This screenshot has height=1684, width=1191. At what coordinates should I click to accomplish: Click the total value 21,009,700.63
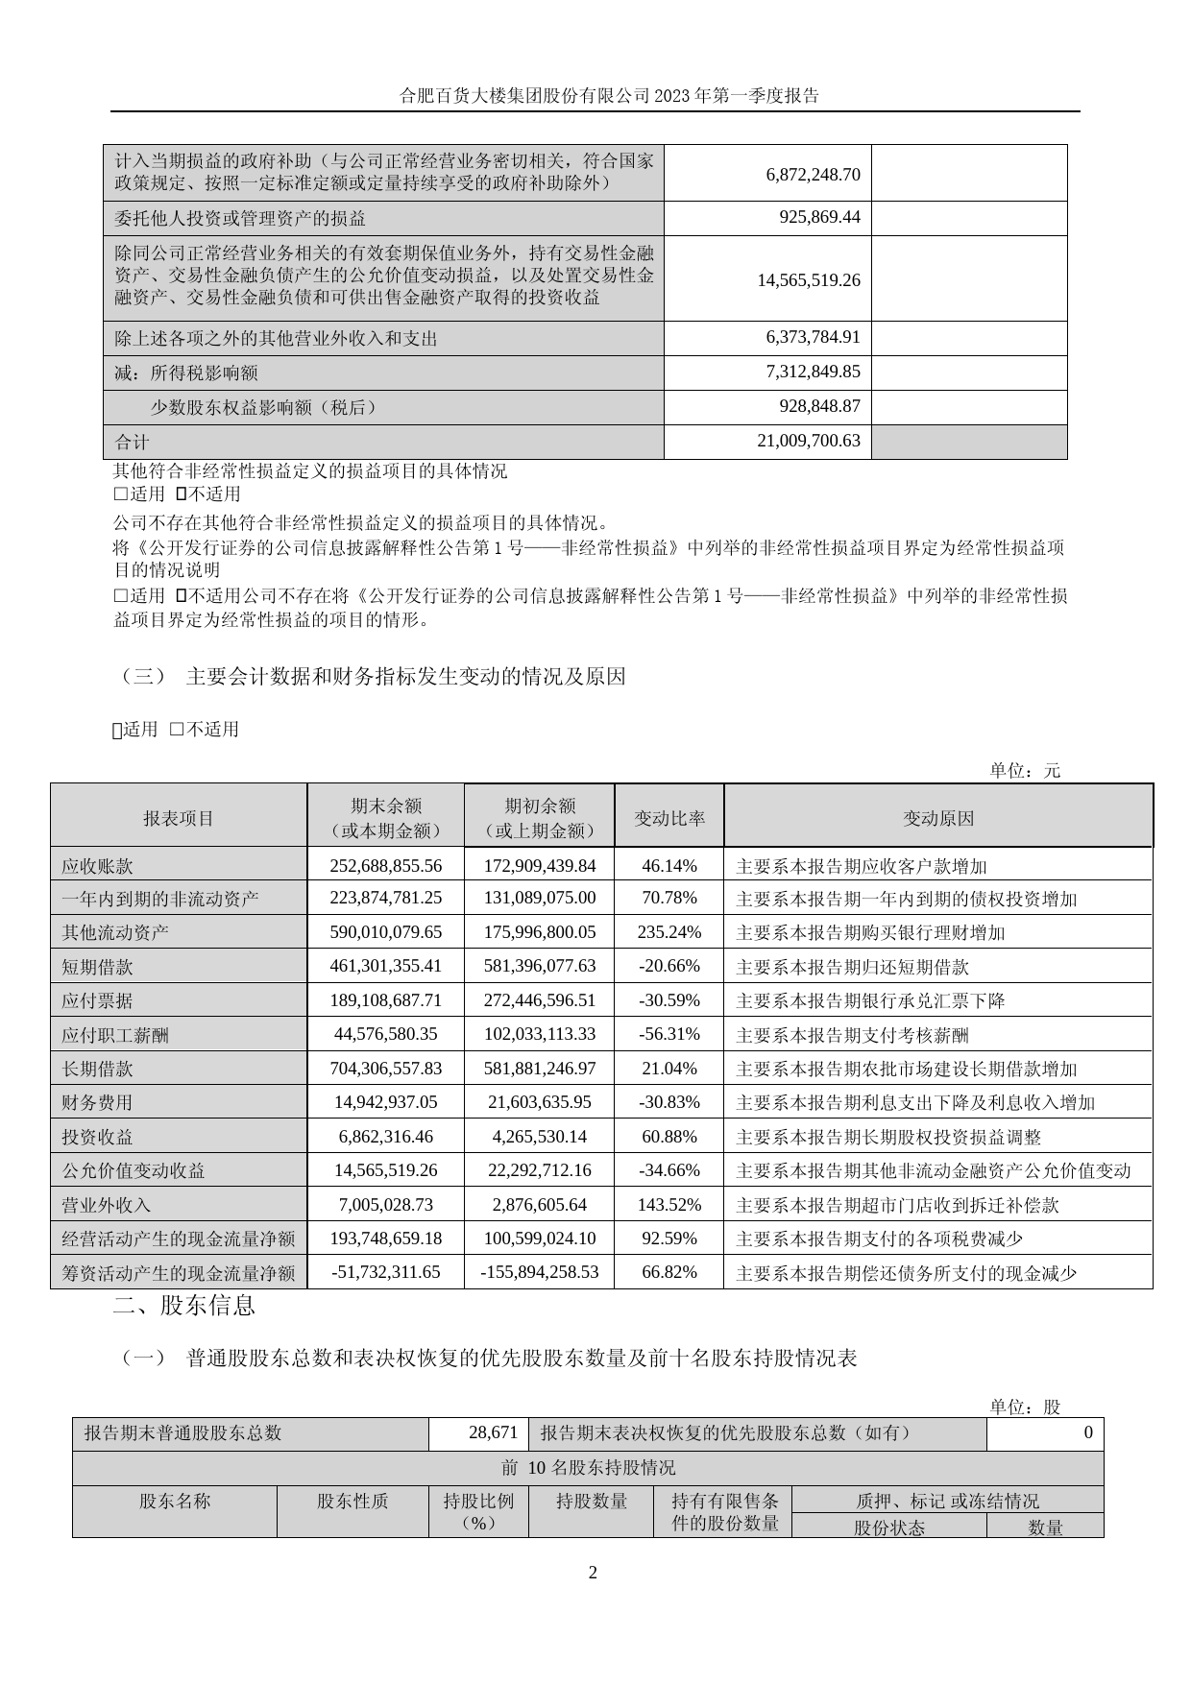pos(813,442)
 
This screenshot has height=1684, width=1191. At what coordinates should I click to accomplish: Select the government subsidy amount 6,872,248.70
pos(813,174)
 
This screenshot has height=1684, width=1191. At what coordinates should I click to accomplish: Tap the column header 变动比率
pos(669,818)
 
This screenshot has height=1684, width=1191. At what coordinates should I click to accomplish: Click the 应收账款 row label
pos(97,866)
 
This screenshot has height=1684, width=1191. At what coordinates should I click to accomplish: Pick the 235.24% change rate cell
pos(669,932)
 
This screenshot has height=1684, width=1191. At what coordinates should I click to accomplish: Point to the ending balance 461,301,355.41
pos(386,966)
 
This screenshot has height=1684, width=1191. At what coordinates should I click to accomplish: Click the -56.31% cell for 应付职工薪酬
pos(669,1034)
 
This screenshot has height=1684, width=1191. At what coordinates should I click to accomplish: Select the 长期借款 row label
pos(97,1069)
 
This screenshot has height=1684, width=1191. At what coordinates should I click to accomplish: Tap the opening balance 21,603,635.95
pos(540,1102)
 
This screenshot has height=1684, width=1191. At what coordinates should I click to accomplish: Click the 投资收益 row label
pos(97,1137)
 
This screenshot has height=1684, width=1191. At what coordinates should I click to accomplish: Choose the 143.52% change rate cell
pos(669,1205)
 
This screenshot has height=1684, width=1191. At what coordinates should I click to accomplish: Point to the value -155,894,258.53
pos(540,1272)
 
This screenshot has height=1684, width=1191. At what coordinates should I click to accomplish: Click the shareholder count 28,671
pos(494,1432)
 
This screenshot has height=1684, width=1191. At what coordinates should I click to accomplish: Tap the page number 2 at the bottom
pos(593,1573)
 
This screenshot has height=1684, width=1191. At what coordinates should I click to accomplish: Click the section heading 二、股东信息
pos(184,1306)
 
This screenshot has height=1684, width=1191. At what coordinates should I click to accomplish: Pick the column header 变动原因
pos(938,818)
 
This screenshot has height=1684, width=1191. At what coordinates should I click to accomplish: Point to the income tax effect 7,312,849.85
pos(813,373)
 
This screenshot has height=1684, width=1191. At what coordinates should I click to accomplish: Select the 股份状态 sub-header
pos(888,1528)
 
